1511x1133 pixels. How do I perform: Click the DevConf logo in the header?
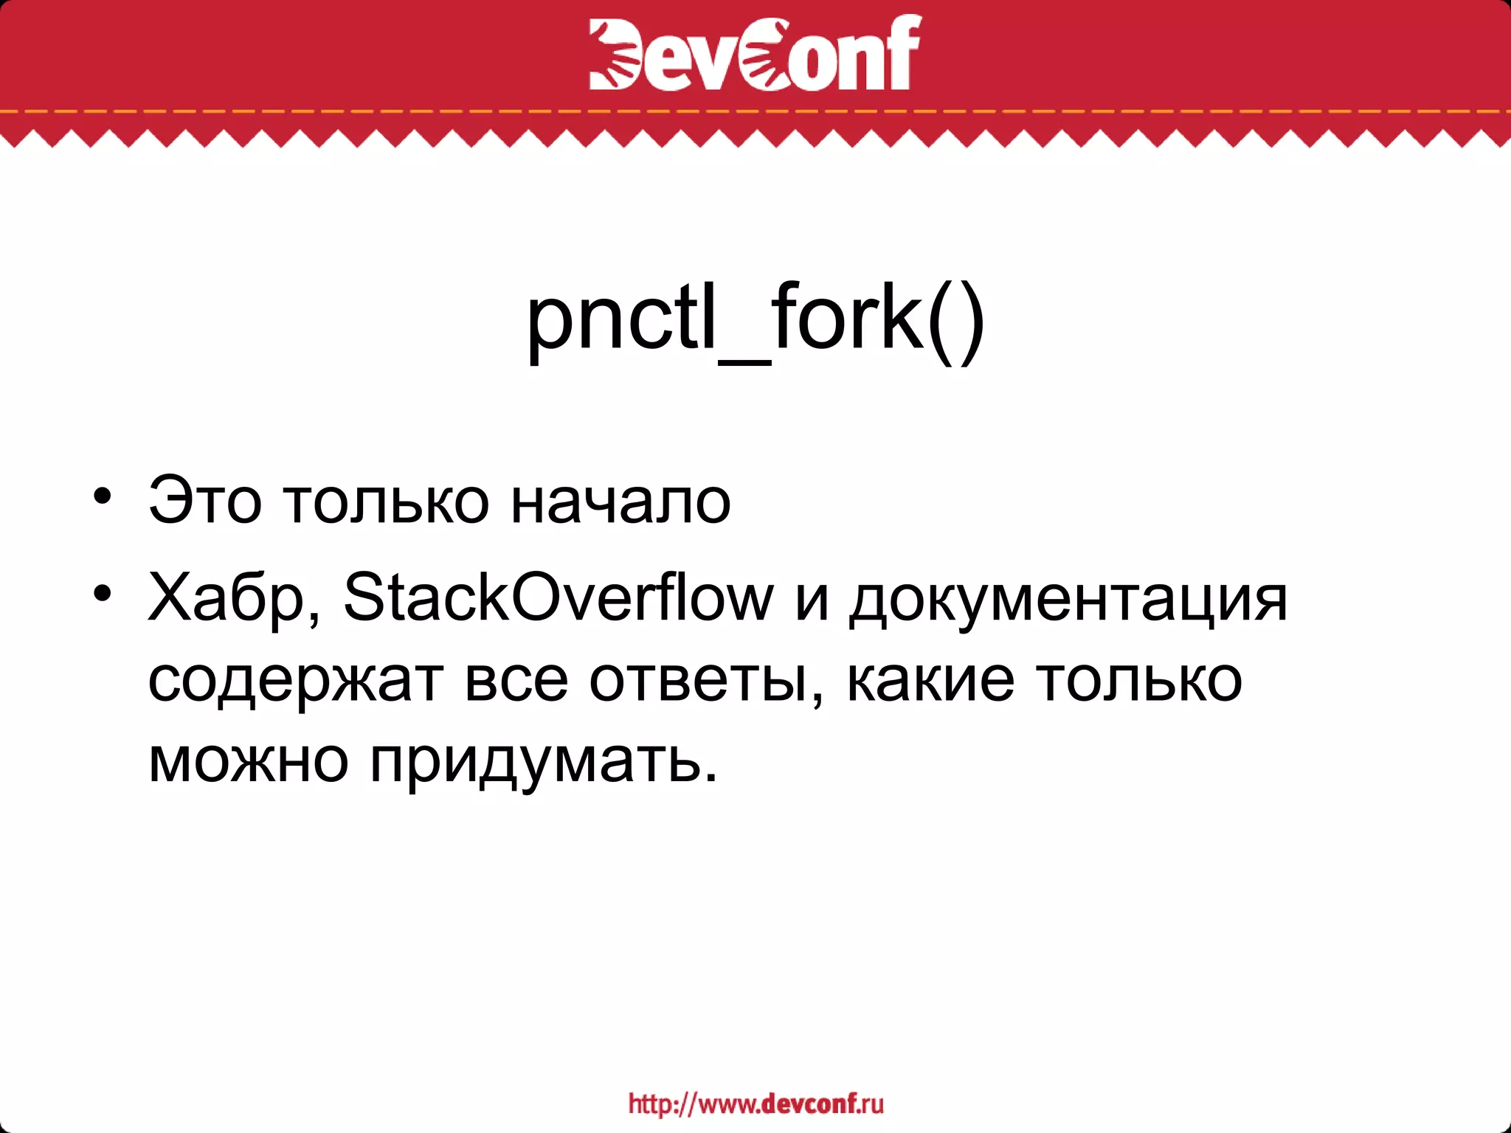click(x=755, y=53)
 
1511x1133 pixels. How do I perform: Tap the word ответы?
click(x=705, y=680)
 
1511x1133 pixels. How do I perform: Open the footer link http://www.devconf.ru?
click(x=755, y=1104)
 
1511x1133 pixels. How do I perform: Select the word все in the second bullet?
click(x=516, y=680)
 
